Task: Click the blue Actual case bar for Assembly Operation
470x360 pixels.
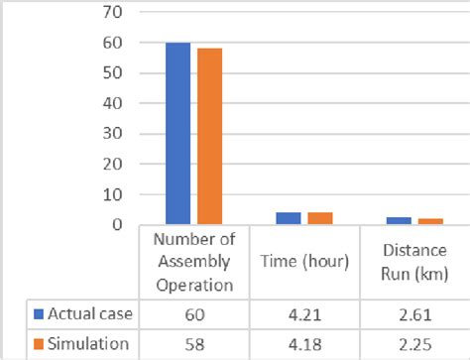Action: click(178, 134)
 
